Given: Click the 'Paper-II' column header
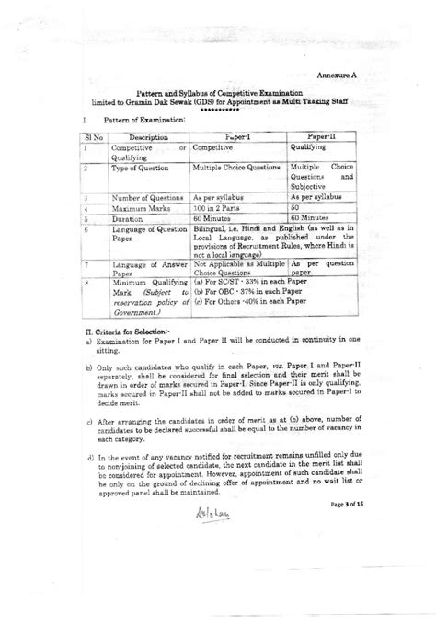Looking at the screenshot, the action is click(x=319, y=134).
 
